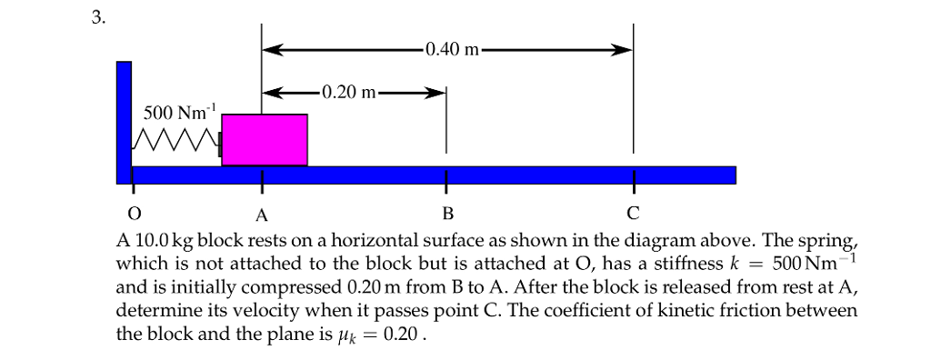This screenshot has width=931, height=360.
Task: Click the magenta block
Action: (x=264, y=140)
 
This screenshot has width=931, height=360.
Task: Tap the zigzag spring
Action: (x=175, y=141)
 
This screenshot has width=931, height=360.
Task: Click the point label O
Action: (x=135, y=215)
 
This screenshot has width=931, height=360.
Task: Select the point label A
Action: (x=261, y=215)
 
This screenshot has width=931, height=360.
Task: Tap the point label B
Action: (x=445, y=215)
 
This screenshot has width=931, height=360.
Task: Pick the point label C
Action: (x=633, y=215)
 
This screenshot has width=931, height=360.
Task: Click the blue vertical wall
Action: (x=124, y=118)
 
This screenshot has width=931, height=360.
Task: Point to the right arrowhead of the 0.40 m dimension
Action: (x=622, y=49)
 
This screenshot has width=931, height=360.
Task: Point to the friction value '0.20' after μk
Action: (x=404, y=334)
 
